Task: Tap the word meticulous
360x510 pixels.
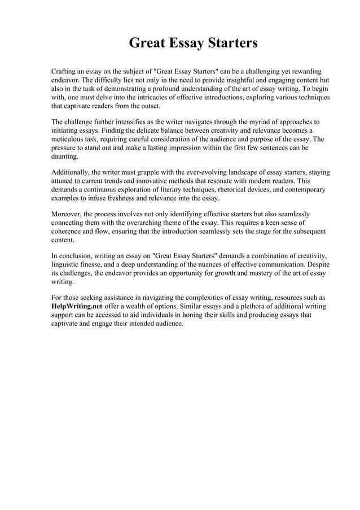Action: tap(71, 139)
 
